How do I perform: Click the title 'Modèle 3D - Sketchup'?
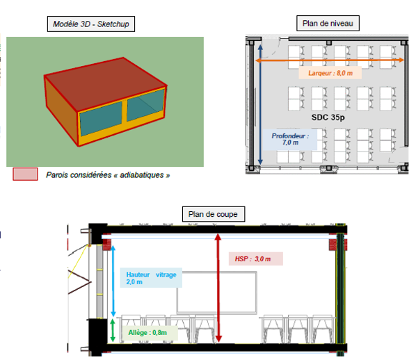91,24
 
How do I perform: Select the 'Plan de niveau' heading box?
328,24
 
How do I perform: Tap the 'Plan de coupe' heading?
214,214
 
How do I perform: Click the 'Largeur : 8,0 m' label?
330,73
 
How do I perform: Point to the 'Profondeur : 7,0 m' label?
290,140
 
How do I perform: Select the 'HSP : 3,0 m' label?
256,259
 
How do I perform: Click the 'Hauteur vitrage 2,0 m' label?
151,278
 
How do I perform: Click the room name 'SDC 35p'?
328,117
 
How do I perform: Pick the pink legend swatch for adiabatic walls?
25,174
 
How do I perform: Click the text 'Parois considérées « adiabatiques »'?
108,175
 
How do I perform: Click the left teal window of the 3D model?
101,118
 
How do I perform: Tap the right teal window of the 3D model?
145,104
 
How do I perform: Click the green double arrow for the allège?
113,330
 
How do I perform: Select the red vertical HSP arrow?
218,288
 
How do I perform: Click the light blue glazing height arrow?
113,281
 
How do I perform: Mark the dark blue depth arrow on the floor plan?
260,104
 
